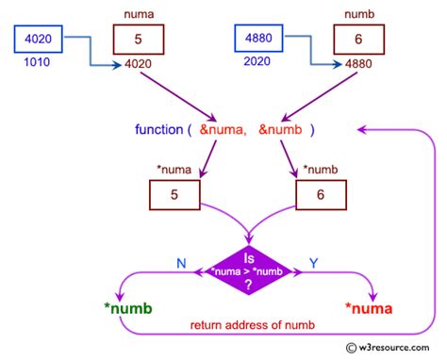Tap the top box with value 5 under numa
pyautogui.click(x=138, y=40)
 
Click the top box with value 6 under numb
pyautogui.click(x=358, y=40)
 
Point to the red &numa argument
pyautogui.click(x=228, y=129)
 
